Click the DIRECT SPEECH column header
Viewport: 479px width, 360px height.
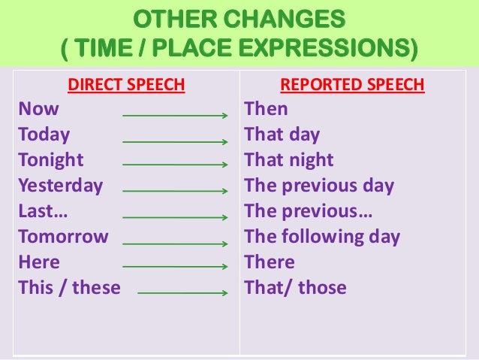[126, 85]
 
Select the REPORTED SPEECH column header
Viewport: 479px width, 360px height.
[352, 85]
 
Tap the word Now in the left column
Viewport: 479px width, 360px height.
[38, 110]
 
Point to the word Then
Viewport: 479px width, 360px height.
[266, 110]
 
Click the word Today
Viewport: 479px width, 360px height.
[44, 135]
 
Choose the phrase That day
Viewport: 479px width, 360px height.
[282, 135]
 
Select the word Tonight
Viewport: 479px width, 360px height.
[51, 161]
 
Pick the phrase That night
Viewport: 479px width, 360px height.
[289, 161]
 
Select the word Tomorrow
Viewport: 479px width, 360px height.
[63, 237]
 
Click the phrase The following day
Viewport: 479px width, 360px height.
[322, 237]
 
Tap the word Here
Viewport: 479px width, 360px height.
[38, 263]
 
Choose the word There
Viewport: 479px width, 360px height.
[270, 263]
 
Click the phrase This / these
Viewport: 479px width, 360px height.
[69, 288]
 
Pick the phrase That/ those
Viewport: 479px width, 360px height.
[296, 288]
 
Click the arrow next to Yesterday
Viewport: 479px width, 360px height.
[175, 192]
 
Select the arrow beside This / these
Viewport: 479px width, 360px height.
[182, 293]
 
